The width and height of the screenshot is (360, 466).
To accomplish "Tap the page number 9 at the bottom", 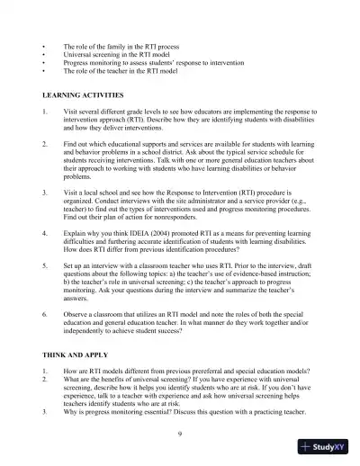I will click(x=180, y=435).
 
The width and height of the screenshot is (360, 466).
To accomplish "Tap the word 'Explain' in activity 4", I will click(x=75, y=233).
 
